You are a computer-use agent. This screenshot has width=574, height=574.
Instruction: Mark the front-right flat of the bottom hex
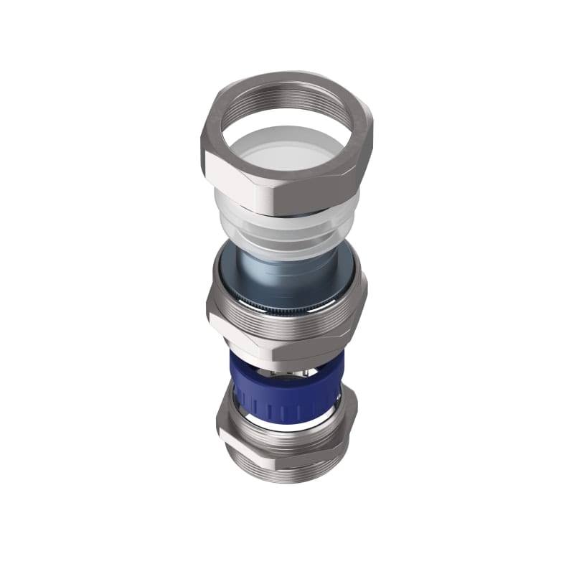tap(323, 456)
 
